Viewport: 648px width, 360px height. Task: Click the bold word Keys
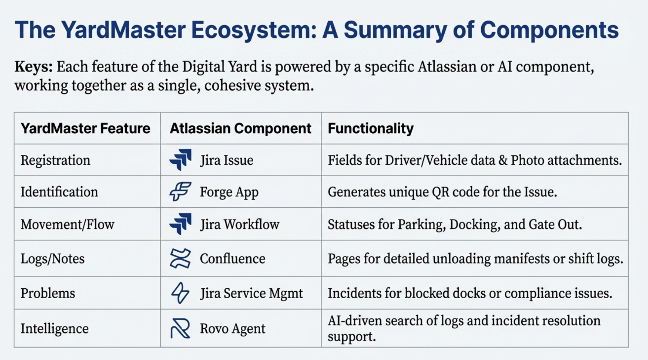click(x=33, y=67)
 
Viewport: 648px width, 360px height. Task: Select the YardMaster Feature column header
click(x=85, y=129)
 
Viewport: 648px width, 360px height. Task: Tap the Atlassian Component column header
click(x=240, y=129)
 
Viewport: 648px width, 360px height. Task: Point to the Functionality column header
click(x=371, y=129)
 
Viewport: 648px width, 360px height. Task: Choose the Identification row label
click(x=59, y=192)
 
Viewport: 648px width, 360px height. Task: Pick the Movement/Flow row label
click(x=67, y=225)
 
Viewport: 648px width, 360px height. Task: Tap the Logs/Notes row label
click(x=52, y=259)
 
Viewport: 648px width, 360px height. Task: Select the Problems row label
click(x=48, y=293)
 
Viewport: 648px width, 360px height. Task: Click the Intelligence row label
click(x=54, y=328)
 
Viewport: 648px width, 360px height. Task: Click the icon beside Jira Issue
click(x=180, y=160)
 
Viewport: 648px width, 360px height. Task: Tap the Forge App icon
click(x=180, y=191)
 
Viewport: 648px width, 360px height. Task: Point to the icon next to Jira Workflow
click(x=180, y=224)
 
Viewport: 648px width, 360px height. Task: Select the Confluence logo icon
click(x=180, y=258)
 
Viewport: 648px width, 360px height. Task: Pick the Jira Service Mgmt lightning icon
click(x=180, y=293)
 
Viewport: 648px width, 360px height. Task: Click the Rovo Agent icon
click(x=180, y=328)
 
